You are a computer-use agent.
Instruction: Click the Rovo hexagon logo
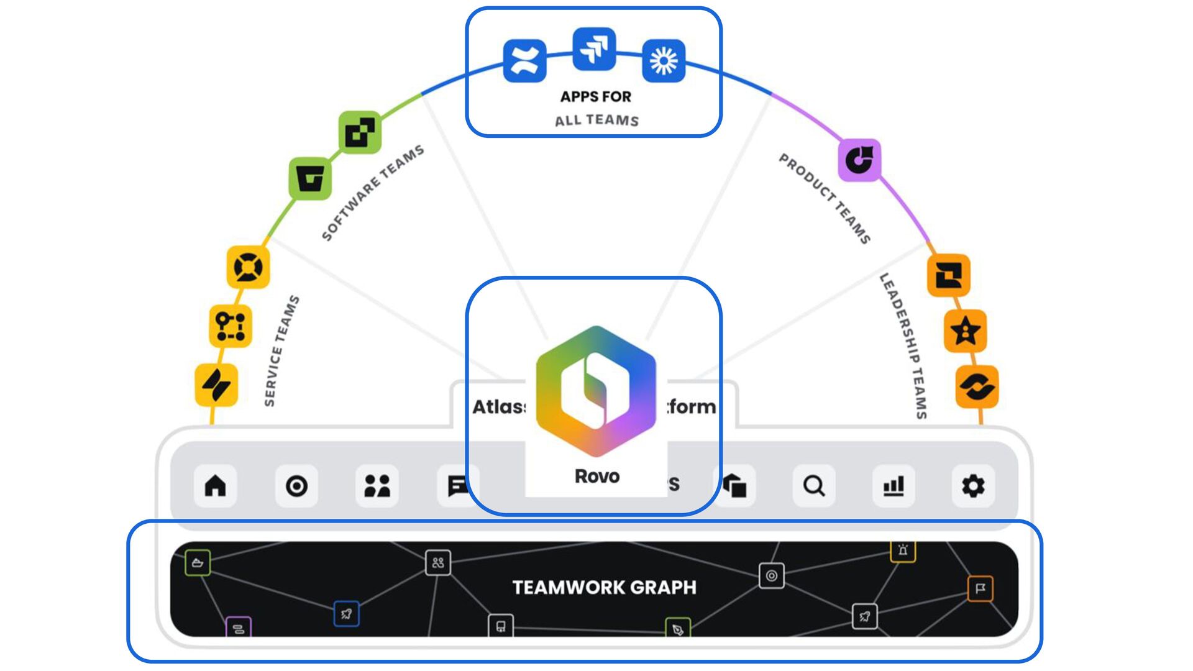point(596,390)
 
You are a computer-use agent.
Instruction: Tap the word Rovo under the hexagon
point(597,477)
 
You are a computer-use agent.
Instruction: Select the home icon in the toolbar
point(216,485)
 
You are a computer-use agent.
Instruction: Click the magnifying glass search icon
point(814,485)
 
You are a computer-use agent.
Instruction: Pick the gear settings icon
point(973,485)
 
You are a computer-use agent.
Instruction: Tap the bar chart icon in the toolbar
point(894,485)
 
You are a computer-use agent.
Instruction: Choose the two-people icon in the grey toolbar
point(377,485)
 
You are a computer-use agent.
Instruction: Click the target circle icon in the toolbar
point(296,485)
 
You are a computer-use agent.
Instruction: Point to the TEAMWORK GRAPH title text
point(604,587)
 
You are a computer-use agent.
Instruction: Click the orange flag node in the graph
point(980,588)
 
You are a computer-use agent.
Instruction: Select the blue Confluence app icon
point(524,60)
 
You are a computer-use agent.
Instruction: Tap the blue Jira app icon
point(594,49)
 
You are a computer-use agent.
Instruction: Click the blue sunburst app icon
point(664,60)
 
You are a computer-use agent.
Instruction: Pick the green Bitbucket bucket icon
point(310,179)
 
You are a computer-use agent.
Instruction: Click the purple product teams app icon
point(860,160)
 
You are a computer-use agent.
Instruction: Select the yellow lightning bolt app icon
point(216,385)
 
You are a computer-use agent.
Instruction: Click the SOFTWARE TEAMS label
point(373,193)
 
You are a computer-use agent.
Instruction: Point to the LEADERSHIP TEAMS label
point(904,345)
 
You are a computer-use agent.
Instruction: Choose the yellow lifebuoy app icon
point(248,268)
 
